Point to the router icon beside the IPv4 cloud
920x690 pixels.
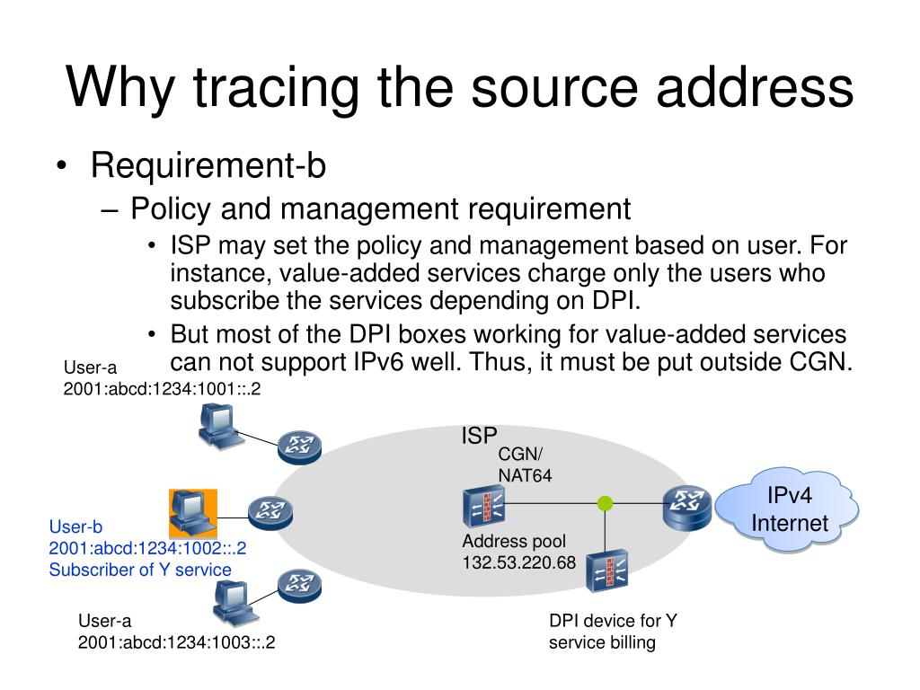(687, 508)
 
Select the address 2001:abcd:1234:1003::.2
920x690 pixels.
(176, 642)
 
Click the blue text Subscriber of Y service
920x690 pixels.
(140, 570)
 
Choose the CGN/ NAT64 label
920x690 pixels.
(525, 465)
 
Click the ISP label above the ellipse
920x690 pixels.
(479, 437)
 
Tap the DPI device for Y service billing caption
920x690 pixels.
(612, 632)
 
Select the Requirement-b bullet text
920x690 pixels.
(208, 165)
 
